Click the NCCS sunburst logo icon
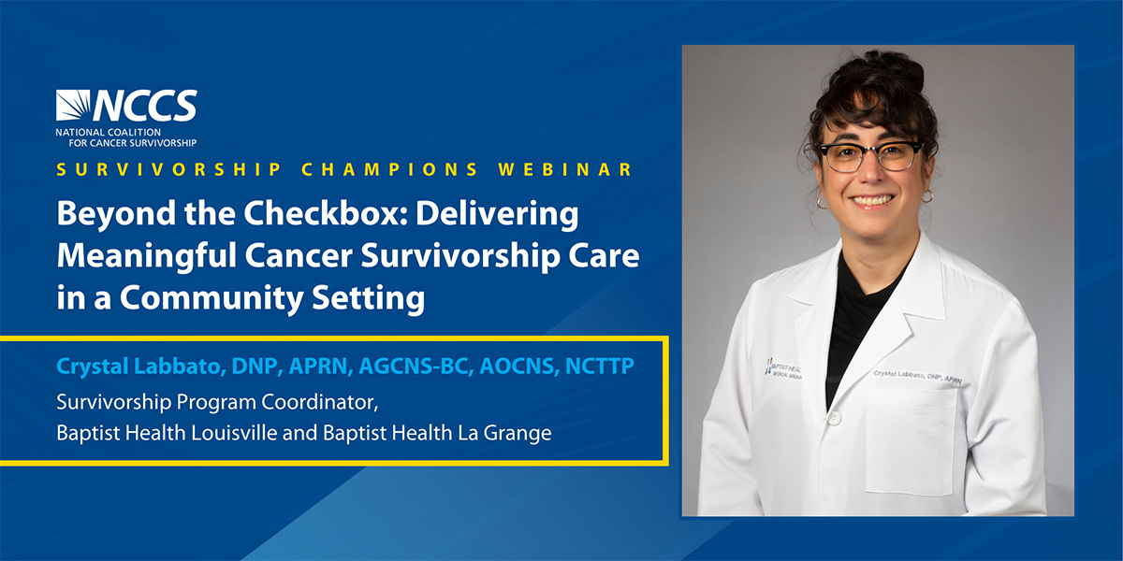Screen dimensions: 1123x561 pyautogui.click(x=73, y=105)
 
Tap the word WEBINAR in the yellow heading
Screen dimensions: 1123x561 pyautogui.click(x=565, y=170)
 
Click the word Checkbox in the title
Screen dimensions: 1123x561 pyautogui.click(x=325, y=213)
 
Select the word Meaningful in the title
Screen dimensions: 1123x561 pyautogui.click(x=146, y=256)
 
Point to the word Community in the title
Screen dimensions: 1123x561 pyautogui.click(x=211, y=298)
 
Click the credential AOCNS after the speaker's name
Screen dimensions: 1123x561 pyautogui.click(x=519, y=367)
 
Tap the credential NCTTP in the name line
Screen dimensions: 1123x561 pyautogui.click(x=600, y=367)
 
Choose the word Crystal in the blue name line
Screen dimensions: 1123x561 pyautogui.click(x=93, y=367)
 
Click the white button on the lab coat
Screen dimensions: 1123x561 pyautogui.click(x=834, y=418)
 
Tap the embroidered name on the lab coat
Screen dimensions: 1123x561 pyautogui.click(x=917, y=377)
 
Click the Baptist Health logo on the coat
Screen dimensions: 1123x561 pyautogui.click(x=783, y=368)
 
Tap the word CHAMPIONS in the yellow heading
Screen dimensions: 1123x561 pyautogui.click(x=389, y=170)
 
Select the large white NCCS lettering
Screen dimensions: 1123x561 pyautogui.click(x=145, y=106)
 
